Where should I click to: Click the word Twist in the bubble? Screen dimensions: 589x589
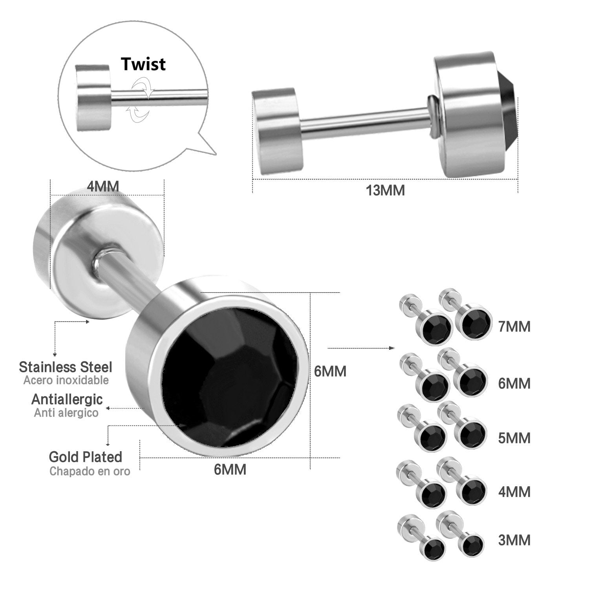pos(143,64)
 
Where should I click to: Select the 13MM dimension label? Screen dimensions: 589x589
pos(385,191)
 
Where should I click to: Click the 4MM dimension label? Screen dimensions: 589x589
pos(102,187)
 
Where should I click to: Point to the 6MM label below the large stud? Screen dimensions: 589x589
pos(230,469)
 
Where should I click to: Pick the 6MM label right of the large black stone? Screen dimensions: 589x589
pos(330,371)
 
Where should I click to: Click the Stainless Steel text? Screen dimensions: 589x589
pos(66,367)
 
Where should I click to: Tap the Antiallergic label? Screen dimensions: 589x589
pos(67,399)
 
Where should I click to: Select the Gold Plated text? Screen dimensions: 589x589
pos(85,457)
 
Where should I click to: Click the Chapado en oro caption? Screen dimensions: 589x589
pos(90,471)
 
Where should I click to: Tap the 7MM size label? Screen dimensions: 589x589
pos(514,327)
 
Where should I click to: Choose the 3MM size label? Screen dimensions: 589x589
pos(514,540)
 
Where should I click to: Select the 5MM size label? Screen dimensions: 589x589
pos(514,438)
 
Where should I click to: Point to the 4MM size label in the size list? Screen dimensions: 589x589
pos(514,492)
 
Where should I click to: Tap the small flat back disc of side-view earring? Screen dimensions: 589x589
pos(274,131)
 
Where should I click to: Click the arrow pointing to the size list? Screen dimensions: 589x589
pos(361,348)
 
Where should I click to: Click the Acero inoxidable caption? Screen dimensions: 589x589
pos(66,380)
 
